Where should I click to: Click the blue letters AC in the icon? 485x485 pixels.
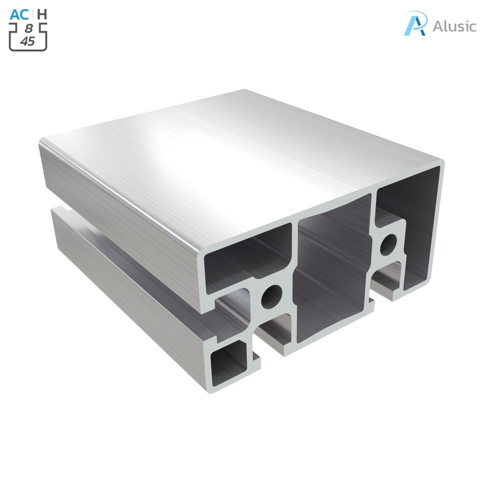[x=20, y=14]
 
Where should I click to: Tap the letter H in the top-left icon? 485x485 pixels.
[x=42, y=14]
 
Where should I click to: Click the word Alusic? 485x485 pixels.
[x=454, y=26]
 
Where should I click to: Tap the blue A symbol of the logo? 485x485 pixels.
[x=415, y=23]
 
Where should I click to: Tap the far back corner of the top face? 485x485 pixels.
[x=245, y=90]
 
